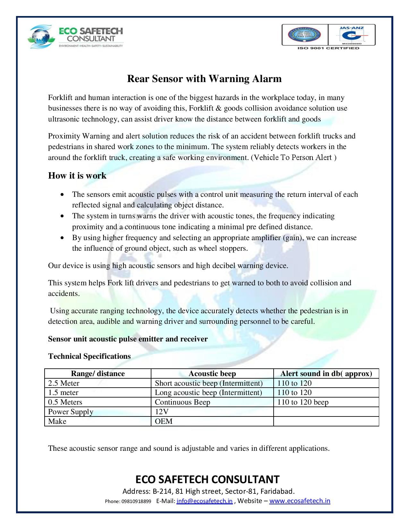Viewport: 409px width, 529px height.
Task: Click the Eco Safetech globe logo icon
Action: click(x=42, y=36)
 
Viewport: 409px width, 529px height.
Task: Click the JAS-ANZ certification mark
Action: click(x=352, y=35)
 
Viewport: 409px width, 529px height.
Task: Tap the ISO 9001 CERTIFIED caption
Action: click(x=328, y=48)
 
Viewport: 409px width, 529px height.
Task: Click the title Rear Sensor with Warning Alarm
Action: click(x=204, y=79)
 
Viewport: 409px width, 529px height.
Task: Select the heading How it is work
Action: click(x=77, y=176)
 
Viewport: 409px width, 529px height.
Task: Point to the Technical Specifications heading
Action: click(x=89, y=356)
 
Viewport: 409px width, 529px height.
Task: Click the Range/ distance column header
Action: click(x=98, y=374)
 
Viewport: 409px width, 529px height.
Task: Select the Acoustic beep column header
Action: click(x=212, y=374)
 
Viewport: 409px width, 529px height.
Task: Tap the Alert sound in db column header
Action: click(x=326, y=374)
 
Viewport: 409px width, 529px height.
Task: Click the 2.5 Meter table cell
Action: click(x=64, y=383)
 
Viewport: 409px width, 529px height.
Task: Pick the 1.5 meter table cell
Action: click(x=63, y=392)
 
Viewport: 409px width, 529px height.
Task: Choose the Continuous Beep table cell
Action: click(x=182, y=402)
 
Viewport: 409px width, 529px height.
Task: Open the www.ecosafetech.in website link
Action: click(x=300, y=501)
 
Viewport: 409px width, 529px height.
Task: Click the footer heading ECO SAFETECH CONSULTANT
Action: click(x=208, y=479)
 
